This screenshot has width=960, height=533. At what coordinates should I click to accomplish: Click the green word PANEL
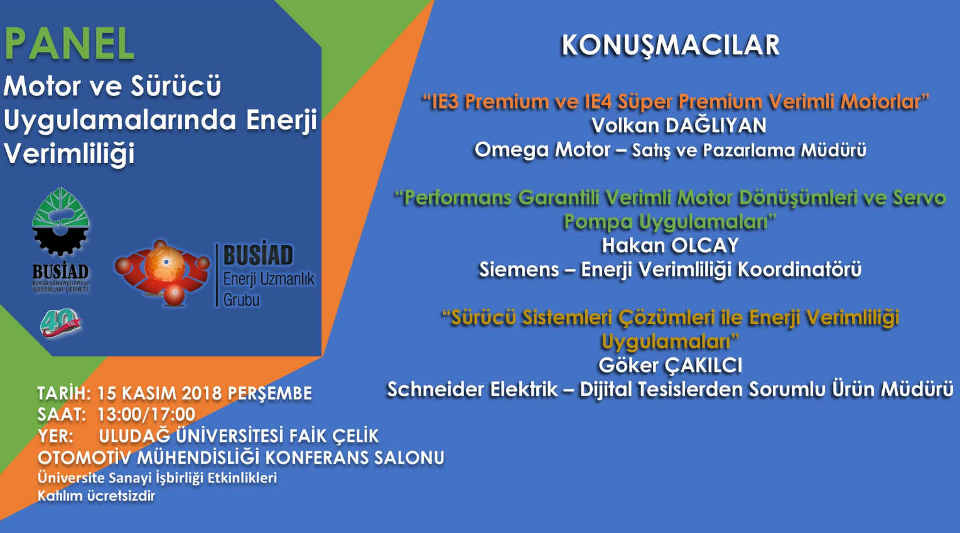point(70,44)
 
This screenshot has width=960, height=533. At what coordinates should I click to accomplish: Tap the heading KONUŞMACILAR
point(671,45)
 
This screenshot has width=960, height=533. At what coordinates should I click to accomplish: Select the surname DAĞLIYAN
point(716,125)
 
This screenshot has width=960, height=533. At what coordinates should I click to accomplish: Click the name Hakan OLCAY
point(671,245)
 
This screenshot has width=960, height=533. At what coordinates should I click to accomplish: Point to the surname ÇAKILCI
point(703,365)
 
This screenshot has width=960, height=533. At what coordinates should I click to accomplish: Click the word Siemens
point(519,270)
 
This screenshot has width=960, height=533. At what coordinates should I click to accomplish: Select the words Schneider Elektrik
point(473,389)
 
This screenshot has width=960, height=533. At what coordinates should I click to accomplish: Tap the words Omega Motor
point(542,150)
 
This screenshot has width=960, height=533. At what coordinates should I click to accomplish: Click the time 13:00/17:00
point(146,414)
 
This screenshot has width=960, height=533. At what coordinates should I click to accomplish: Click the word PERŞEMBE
point(269,394)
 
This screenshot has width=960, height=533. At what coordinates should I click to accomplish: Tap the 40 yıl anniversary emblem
point(60,323)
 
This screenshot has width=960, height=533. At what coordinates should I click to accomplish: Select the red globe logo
point(162,273)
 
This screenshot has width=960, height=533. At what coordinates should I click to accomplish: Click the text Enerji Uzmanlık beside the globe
point(269,279)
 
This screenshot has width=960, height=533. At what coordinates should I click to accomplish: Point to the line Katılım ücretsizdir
point(97,496)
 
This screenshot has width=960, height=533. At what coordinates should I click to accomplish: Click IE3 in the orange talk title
point(447,102)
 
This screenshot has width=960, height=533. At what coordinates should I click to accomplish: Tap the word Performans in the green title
point(458,198)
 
